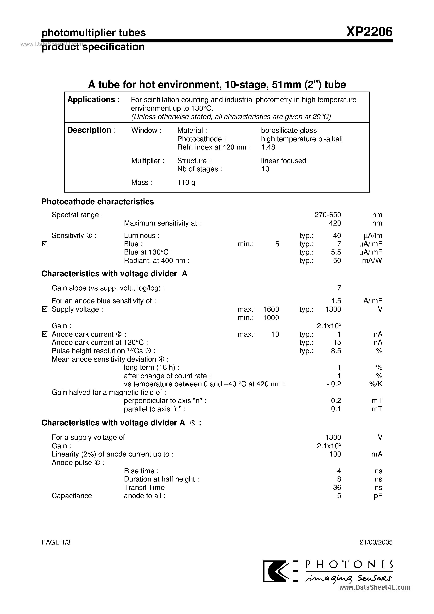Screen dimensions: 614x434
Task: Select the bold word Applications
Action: point(91,100)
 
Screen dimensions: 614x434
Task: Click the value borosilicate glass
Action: point(289,130)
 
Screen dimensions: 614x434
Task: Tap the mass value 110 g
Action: point(186,182)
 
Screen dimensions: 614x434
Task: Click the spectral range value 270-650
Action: point(327,215)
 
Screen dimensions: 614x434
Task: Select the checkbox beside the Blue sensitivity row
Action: point(45,244)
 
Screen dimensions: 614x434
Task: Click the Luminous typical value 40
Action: point(337,236)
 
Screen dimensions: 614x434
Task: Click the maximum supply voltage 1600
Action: point(271,309)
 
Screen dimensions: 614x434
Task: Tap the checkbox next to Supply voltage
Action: point(45,309)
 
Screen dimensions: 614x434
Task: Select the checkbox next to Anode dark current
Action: point(45,334)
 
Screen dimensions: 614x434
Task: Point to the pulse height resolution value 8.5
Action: point(336,351)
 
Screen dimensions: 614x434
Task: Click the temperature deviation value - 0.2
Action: point(334,384)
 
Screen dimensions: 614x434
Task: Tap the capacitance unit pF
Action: point(378,496)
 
